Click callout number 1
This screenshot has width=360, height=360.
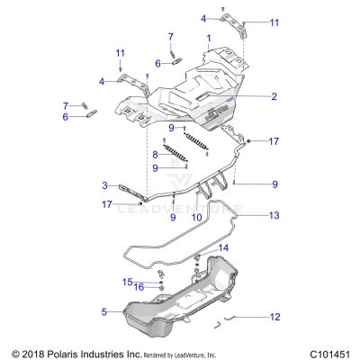coord(208,39)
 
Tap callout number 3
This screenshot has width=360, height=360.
coord(104,185)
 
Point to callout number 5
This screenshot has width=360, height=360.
coord(104,312)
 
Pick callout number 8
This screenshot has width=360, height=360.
coord(155,155)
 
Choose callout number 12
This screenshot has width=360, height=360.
coord(275,316)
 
